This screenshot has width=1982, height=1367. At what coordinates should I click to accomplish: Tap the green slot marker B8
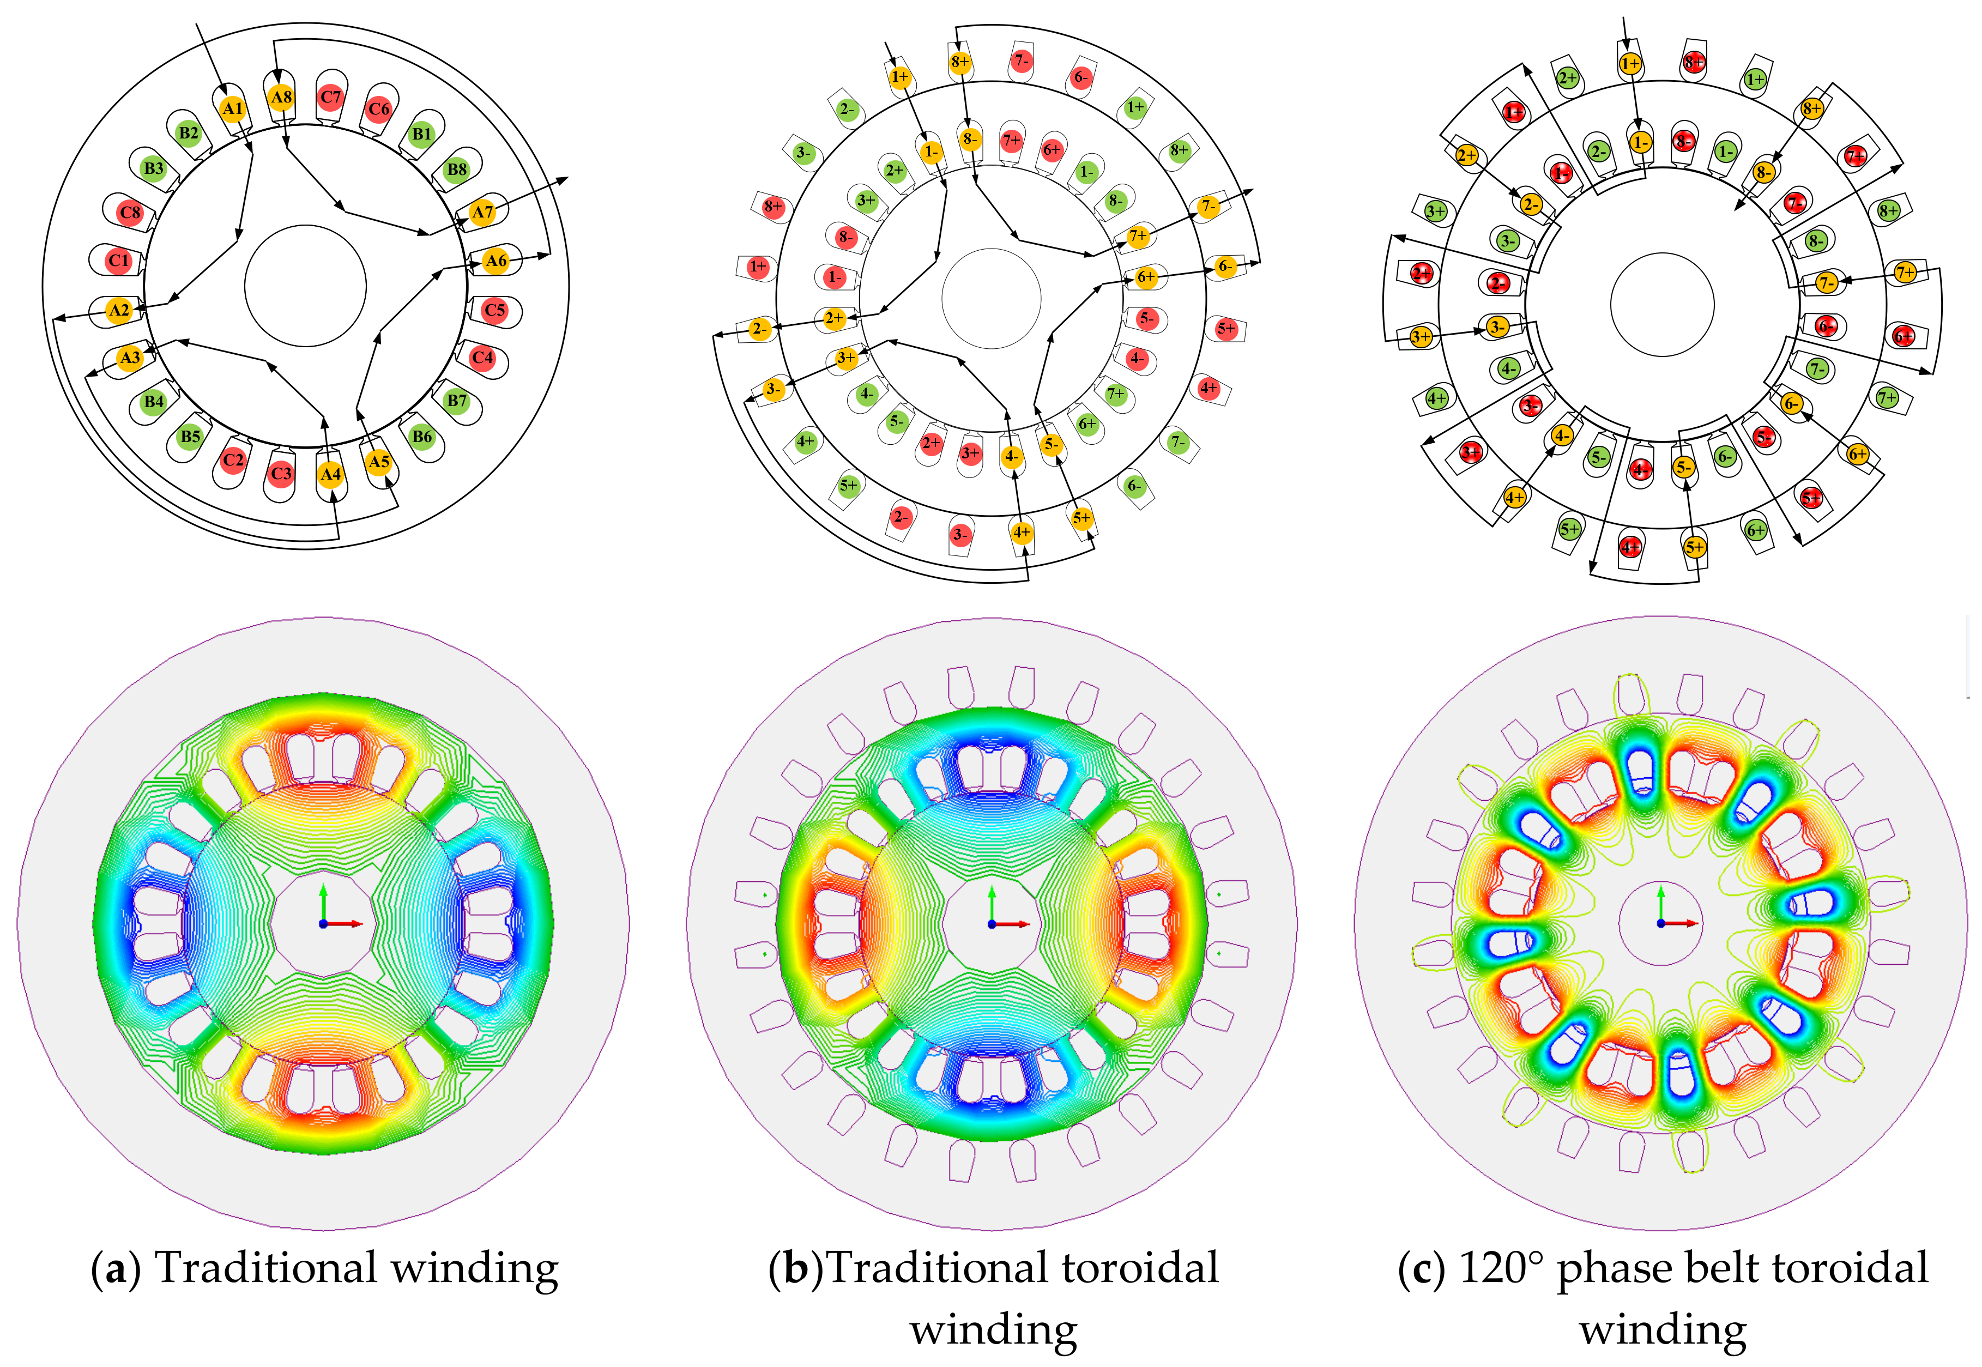(x=457, y=169)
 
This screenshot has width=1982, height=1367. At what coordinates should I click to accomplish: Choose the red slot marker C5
(x=494, y=310)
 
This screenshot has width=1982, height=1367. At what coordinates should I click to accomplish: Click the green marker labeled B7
(x=457, y=400)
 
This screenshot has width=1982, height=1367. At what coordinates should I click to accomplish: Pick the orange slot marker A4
(x=331, y=474)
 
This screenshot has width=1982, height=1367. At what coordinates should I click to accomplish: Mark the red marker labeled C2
(x=233, y=460)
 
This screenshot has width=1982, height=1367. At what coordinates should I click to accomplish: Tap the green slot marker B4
(x=153, y=401)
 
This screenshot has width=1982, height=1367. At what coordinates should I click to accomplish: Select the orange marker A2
(x=119, y=310)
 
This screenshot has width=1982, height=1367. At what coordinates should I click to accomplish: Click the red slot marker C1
(x=119, y=261)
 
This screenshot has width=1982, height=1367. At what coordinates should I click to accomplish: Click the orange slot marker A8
(x=281, y=97)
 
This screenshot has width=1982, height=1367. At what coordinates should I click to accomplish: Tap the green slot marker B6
(x=421, y=437)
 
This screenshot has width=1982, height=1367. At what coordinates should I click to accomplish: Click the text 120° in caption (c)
(x=1501, y=1268)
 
